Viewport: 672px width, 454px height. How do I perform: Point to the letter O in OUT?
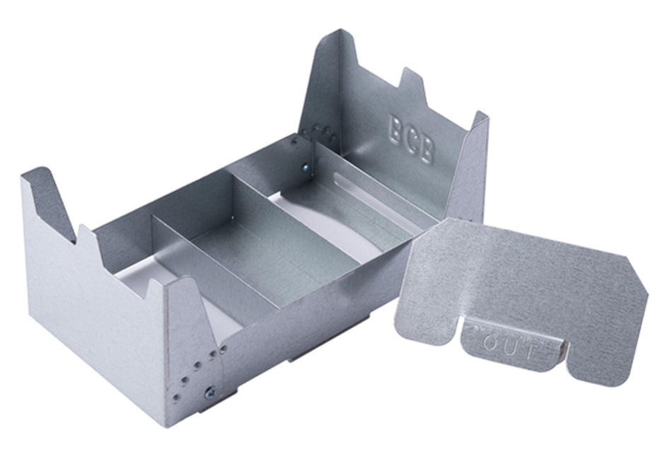(x=489, y=342)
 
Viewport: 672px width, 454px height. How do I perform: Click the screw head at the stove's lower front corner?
(x=210, y=392)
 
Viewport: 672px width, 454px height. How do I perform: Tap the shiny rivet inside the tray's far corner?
(x=305, y=168)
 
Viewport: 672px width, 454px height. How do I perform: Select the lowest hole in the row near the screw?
(x=176, y=397)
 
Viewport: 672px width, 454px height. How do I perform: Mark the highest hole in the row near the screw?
(x=224, y=349)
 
